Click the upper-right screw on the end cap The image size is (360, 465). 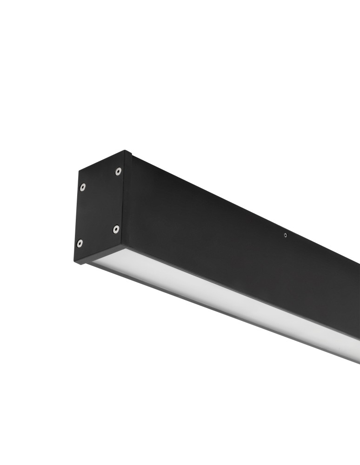(x=118, y=172)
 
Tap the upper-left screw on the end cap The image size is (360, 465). (x=82, y=187)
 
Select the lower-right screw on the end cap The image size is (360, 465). (x=116, y=229)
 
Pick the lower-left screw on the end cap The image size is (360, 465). (x=80, y=243)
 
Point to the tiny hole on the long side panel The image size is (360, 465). (x=285, y=235)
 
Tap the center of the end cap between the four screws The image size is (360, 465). (x=99, y=208)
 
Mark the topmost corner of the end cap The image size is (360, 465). (x=125, y=151)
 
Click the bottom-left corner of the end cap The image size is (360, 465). (x=75, y=262)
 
